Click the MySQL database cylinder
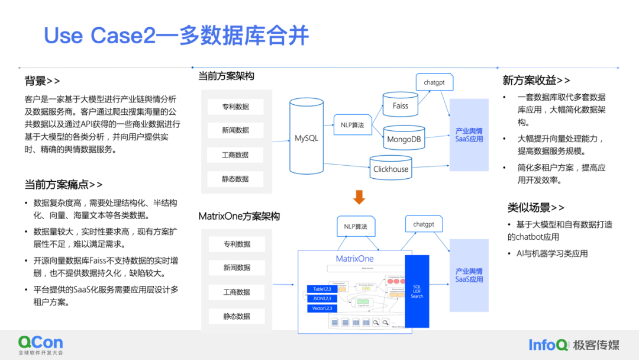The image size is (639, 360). [x=306, y=139]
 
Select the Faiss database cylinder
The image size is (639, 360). [x=400, y=105]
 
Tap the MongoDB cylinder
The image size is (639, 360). [x=404, y=139]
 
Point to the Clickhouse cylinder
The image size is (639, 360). [x=390, y=168]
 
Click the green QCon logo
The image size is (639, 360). [x=40, y=343]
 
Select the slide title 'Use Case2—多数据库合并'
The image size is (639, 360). [x=176, y=36]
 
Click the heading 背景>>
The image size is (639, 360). [x=42, y=81]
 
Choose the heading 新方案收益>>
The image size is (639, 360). [x=537, y=80]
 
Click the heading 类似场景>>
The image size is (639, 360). [x=535, y=207]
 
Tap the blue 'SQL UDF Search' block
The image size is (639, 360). [x=417, y=291]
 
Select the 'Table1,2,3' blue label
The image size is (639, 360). [x=322, y=289]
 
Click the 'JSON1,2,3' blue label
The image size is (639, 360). [x=322, y=298]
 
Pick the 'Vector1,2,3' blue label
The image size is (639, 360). [x=322, y=308]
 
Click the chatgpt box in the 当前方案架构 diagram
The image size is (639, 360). [x=434, y=82]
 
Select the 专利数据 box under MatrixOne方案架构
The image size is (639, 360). [x=237, y=244]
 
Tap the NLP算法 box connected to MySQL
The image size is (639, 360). [x=352, y=125]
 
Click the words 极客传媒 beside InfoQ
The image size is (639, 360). [x=596, y=345]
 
